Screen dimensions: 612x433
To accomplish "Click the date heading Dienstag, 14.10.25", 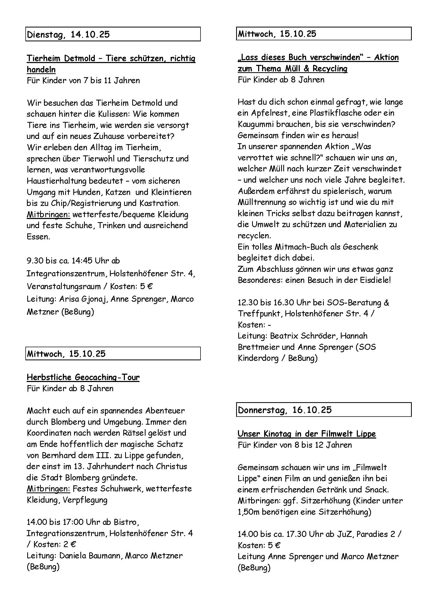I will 68,35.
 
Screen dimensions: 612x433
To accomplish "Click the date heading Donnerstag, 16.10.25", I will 285,410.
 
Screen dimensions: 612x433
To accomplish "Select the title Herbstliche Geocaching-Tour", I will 83,378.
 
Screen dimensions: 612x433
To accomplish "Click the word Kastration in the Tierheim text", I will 159,203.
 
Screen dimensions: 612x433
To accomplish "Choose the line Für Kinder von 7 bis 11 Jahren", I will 83,81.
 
